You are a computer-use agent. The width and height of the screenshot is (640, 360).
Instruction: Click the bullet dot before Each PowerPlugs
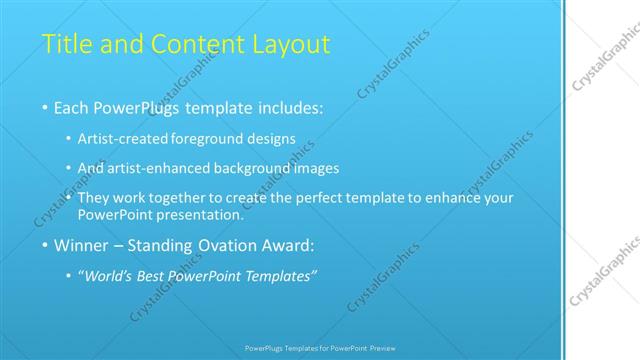[45, 107]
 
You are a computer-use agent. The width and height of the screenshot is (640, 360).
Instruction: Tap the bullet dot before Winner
[45, 246]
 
